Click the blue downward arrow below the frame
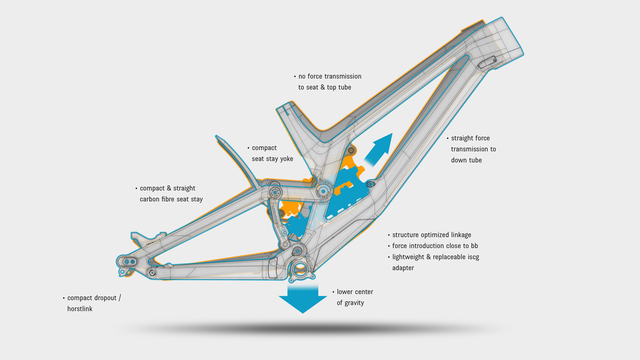click(302, 298)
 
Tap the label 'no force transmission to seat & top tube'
click(327, 82)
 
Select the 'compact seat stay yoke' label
click(270, 153)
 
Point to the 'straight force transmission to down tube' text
click(471, 149)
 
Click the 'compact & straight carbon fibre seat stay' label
click(169, 193)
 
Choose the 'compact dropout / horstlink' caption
click(92, 303)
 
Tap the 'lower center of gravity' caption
click(353, 297)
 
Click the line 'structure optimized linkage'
click(431, 235)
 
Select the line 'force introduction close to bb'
click(435, 246)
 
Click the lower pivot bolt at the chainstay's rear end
click(152, 273)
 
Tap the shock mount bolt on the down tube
click(370, 184)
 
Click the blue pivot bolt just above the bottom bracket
click(297, 251)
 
